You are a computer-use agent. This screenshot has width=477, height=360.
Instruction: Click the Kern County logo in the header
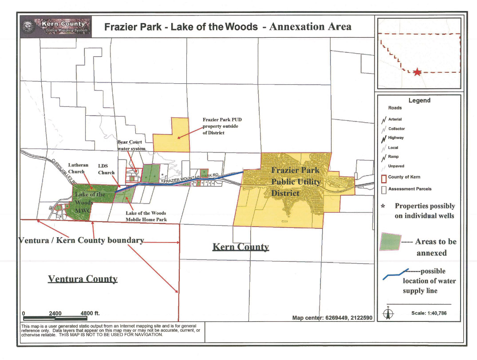click(x=56, y=27)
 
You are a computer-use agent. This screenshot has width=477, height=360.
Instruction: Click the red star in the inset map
click(x=417, y=72)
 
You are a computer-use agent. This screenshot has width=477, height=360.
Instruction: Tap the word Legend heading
click(x=419, y=101)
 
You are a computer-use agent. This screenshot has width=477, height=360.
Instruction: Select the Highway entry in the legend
click(x=395, y=138)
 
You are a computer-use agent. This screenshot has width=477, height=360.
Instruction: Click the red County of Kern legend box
click(x=384, y=178)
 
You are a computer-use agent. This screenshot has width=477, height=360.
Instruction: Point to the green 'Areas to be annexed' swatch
click(x=390, y=242)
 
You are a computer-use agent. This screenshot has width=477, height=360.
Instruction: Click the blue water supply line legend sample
click(x=395, y=274)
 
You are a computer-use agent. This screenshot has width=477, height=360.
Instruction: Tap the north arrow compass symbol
click(x=388, y=313)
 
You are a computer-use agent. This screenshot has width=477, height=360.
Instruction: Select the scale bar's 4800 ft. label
click(x=90, y=313)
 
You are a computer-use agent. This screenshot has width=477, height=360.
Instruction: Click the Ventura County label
click(x=83, y=279)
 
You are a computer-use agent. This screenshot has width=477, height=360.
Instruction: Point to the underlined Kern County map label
click(x=240, y=247)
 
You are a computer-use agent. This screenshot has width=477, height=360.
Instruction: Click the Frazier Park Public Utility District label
click(x=296, y=182)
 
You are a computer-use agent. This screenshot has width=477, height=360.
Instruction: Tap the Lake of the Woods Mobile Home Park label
click(x=146, y=216)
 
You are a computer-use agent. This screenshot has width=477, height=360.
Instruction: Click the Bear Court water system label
click(x=131, y=145)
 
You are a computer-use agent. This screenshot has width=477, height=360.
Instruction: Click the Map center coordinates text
click(x=332, y=318)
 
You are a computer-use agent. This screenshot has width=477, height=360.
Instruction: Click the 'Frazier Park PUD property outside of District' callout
click(x=222, y=126)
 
